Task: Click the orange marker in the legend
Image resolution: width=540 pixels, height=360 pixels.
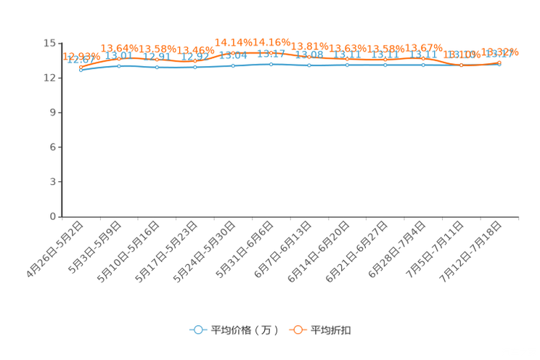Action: pos(298,330)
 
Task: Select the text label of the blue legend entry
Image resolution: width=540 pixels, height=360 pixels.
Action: pos(244,330)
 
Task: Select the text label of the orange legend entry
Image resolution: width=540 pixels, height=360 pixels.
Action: pos(332,330)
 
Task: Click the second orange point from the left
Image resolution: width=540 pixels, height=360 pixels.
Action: pos(119,60)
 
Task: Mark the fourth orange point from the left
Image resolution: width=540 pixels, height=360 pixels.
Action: pos(195,61)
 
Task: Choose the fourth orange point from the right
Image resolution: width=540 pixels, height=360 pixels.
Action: pos(385,60)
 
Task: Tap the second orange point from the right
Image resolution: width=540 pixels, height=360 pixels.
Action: pos(461,66)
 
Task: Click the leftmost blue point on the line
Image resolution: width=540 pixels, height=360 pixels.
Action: pos(81,70)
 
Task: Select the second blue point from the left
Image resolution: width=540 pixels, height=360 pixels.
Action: pos(119,66)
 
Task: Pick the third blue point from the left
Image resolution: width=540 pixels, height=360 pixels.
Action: pos(157,67)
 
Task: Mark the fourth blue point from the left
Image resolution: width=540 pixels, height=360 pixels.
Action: pos(195,67)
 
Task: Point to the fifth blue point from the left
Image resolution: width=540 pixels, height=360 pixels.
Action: pos(233,66)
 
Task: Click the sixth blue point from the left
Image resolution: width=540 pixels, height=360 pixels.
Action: pos(271,65)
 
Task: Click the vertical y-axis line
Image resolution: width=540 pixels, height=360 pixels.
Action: pos(62,131)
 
